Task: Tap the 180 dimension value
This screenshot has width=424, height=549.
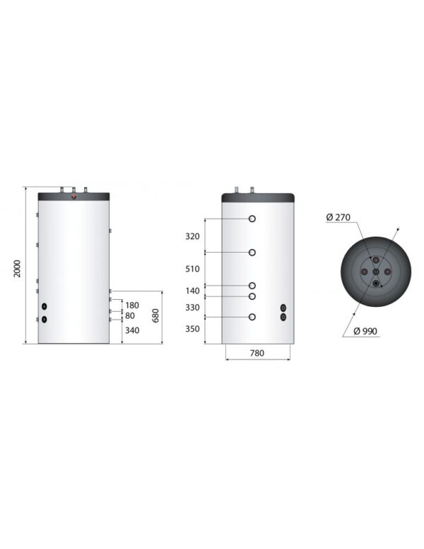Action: (131, 305)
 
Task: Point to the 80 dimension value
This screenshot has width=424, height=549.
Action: (129, 315)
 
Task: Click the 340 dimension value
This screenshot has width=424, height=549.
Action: (131, 330)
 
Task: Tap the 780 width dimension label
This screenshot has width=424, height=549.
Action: (257, 354)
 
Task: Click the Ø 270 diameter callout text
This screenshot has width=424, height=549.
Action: (339, 217)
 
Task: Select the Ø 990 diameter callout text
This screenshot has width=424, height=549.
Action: (366, 332)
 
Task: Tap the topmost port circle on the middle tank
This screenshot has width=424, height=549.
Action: (252, 219)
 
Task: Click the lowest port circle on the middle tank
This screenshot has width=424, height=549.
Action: (252, 318)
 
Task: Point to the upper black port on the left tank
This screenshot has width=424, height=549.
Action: (45, 307)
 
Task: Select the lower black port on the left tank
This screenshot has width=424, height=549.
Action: (45, 320)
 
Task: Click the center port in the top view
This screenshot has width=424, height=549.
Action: (376, 272)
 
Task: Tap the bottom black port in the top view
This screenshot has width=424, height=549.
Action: (376, 284)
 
